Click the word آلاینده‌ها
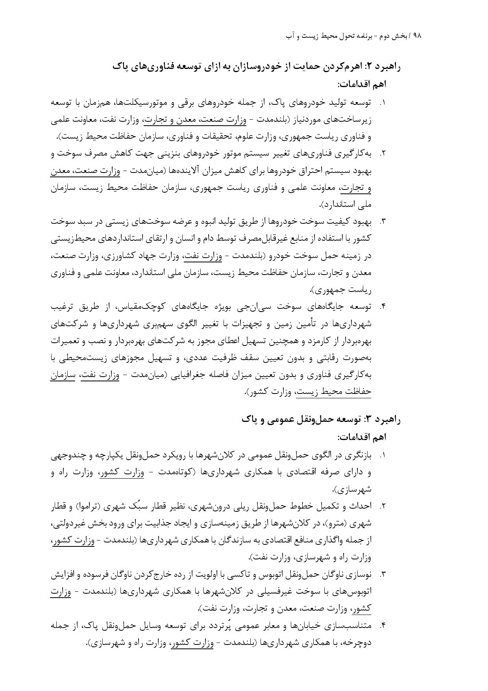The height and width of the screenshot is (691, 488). (185, 171)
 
